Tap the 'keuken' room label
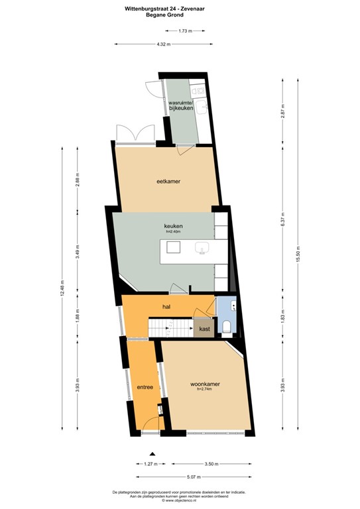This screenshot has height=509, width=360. [x=173, y=227]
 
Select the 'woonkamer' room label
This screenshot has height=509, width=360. [x=205, y=384]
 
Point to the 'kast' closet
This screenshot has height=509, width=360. [x=204, y=328]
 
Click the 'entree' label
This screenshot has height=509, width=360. [x=145, y=387]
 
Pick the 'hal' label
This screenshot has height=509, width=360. [x=167, y=307]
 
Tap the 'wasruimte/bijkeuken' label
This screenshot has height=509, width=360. [x=181, y=106]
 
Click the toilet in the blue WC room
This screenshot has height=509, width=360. [x=226, y=325]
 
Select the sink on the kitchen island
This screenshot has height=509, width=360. [x=202, y=248]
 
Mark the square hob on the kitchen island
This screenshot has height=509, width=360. [x=174, y=247]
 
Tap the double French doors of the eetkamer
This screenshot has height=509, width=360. [x=135, y=135]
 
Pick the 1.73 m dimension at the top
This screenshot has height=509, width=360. [x=186, y=30]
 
